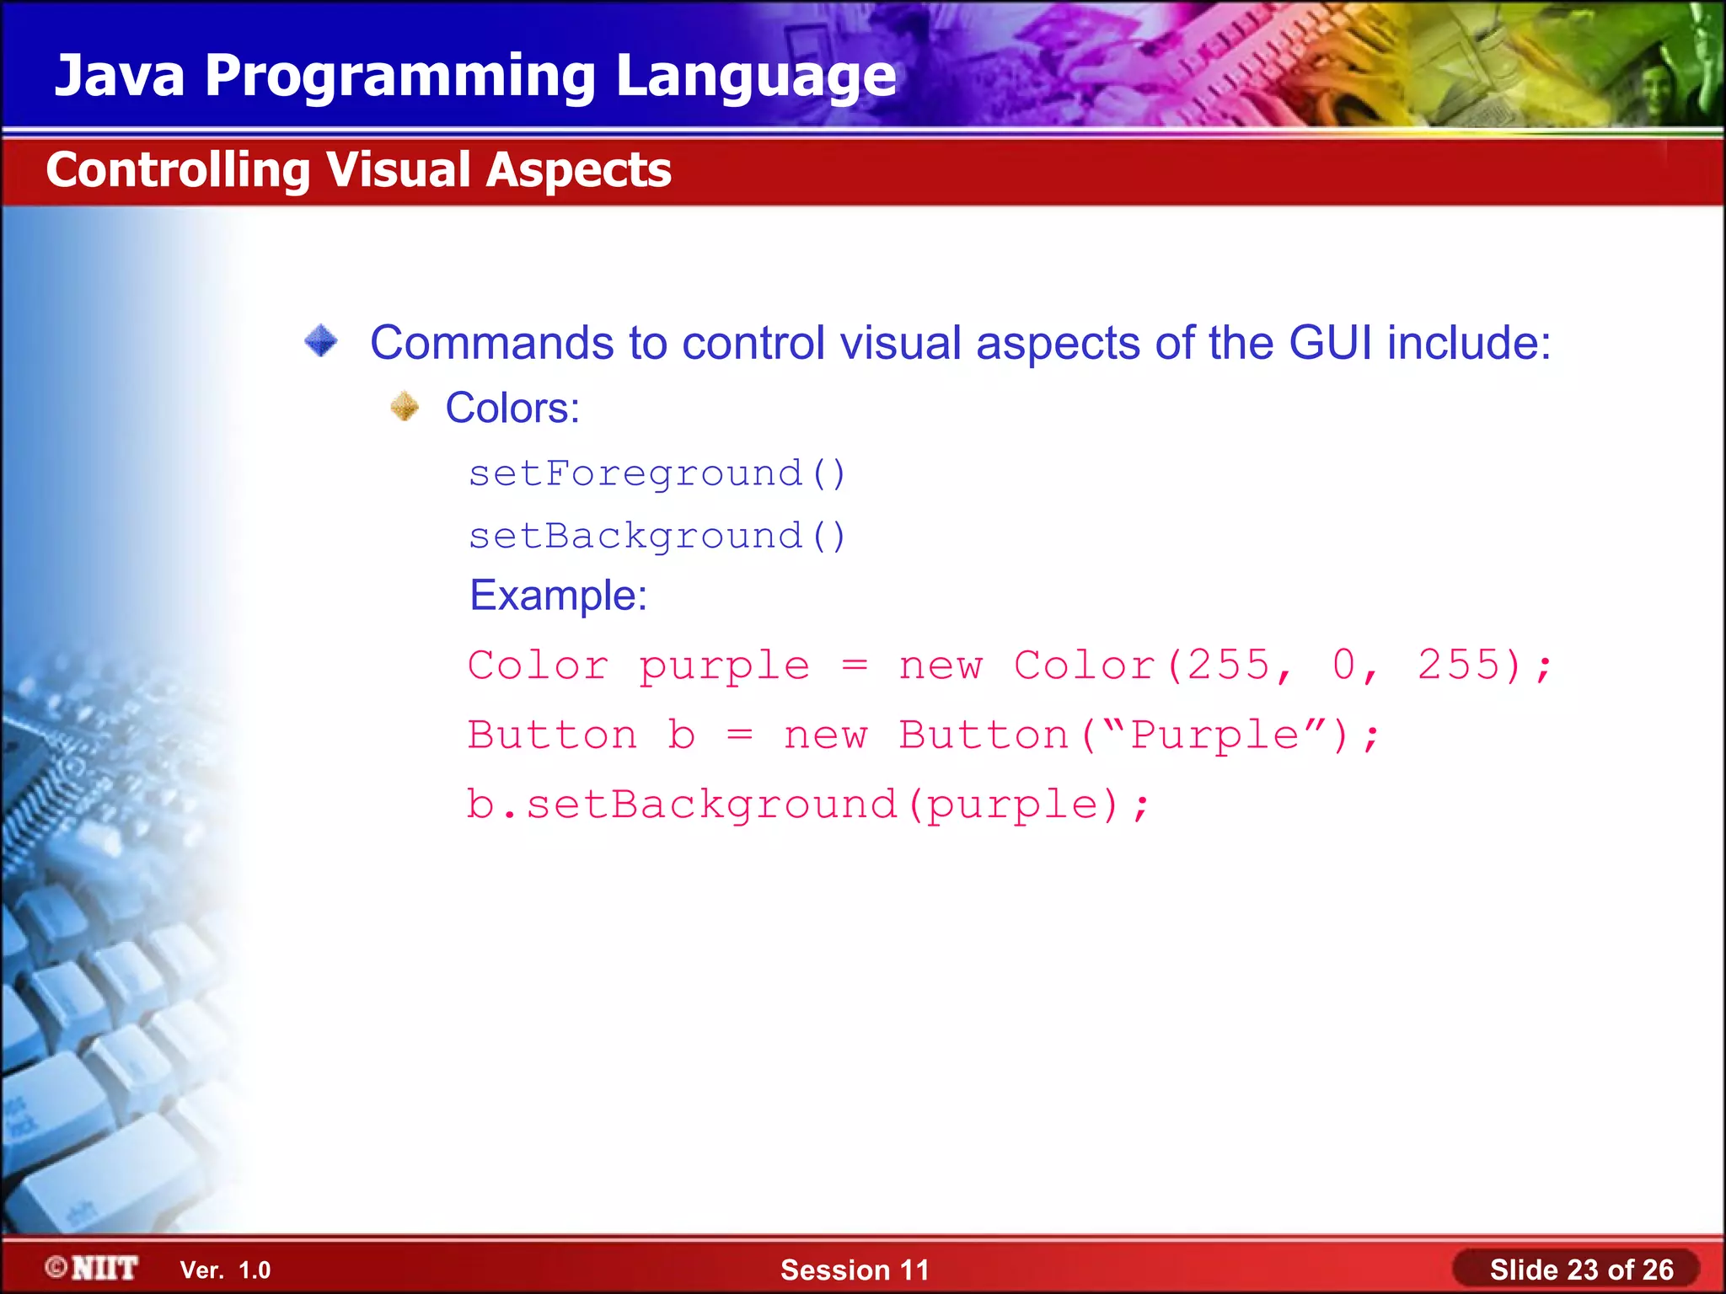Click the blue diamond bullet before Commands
point(321,341)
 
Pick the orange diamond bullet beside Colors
point(405,407)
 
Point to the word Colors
point(512,408)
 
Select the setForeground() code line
point(657,473)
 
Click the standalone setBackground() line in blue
point(657,537)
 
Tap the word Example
point(557,596)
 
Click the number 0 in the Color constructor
point(1343,665)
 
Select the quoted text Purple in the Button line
point(1214,735)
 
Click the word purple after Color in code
point(724,666)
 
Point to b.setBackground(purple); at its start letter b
point(480,804)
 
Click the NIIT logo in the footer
point(93,1268)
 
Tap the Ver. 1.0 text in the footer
point(225,1270)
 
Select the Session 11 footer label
point(854,1270)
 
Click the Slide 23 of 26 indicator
point(1580,1270)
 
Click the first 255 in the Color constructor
point(1228,665)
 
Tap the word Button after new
point(983,735)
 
